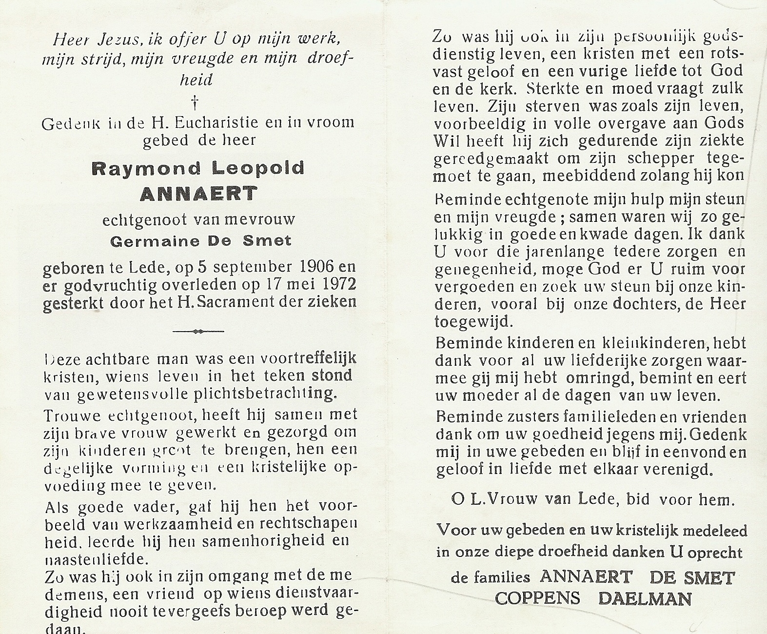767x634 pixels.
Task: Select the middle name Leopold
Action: click(258, 168)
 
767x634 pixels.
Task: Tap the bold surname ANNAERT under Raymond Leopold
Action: click(198, 194)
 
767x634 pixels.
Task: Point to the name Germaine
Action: click(148, 241)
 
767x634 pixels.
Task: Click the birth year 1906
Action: click(317, 267)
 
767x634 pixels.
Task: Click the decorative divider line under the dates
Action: click(198, 331)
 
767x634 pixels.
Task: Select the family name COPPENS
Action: click(537, 598)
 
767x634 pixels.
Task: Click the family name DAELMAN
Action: click(645, 598)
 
